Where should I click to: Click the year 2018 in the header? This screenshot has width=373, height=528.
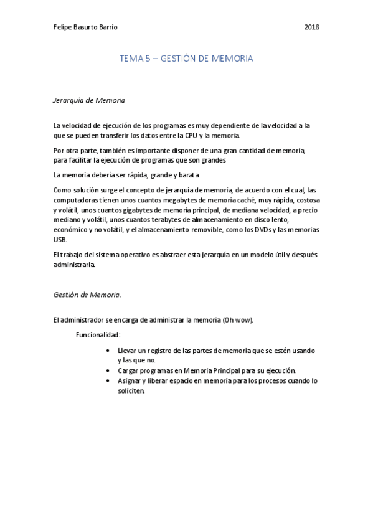point(312,27)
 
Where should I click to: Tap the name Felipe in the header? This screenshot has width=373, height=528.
point(64,27)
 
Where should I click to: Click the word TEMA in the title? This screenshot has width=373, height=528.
point(130,59)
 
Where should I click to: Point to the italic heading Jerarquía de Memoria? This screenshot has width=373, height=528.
point(89,100)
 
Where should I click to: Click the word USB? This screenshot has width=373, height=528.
point(60,239)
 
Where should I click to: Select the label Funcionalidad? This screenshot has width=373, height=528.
point(98,335)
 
